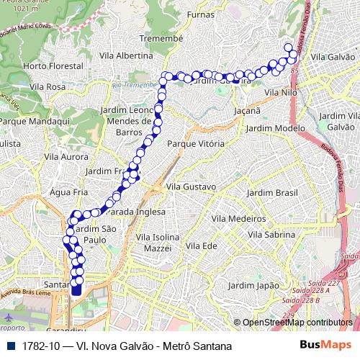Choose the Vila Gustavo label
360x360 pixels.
click(x=191, y=186)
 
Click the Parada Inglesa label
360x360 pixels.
click(x=136, y=212)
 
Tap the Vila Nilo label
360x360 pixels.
click(x=281, y=93)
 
